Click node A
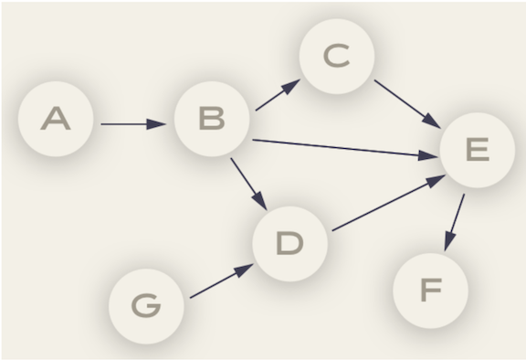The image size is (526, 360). [57, 120]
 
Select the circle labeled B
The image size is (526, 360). [212, 120]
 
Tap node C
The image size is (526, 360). [336, 57]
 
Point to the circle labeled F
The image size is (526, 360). [429, 291]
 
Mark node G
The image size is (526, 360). [146, 304]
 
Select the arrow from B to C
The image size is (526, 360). [278, 96]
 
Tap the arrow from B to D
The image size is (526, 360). [247, 182]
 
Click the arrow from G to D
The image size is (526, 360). [220, 281]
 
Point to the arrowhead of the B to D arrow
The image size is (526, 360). [261, 204]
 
